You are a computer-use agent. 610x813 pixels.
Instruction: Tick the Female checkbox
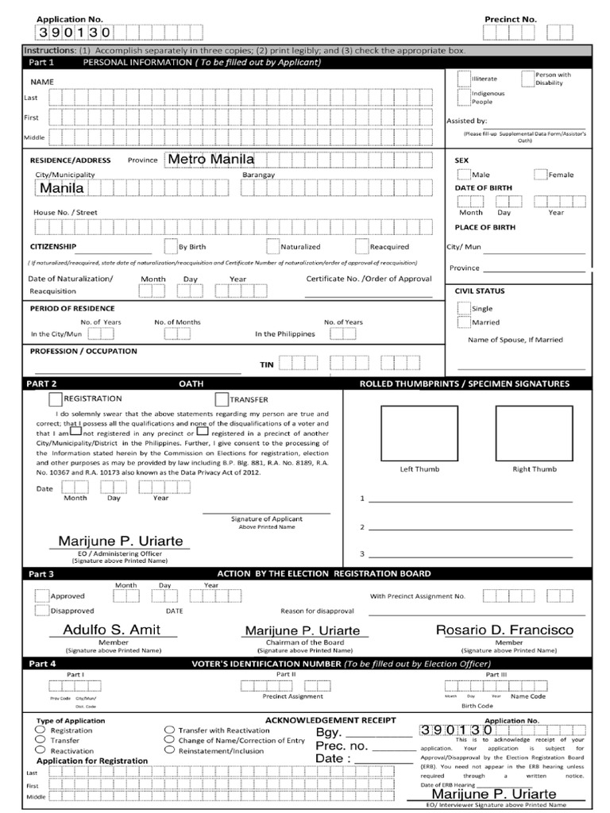pos(540,175)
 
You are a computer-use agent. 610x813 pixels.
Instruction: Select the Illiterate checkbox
pos(464,78)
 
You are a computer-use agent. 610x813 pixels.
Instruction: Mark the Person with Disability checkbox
pos(528,77)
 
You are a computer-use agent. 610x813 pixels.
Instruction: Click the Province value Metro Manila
pos(210,160)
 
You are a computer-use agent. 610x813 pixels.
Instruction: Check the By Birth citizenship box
pos(171,246)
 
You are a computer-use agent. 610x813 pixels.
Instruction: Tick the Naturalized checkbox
pos(273,246)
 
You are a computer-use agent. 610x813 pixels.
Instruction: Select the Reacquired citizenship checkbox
pos(362,246)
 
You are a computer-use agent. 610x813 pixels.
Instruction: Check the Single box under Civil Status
pos(464,307)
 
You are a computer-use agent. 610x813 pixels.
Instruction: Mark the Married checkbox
pos(464,322)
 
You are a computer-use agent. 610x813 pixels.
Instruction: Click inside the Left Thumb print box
pos(408,433)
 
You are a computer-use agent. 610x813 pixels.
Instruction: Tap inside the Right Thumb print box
pos(523,433)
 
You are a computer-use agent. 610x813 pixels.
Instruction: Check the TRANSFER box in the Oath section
pos(222,399)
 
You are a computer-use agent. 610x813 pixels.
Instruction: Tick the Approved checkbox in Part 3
pos(41,595)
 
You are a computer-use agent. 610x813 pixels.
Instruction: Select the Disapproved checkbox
pos(41,611)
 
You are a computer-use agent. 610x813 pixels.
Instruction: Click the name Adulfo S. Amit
pos(111,630)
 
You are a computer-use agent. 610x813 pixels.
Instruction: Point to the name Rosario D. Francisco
pos(504,630)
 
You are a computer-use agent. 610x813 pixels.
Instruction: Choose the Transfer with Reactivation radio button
pos(169,730)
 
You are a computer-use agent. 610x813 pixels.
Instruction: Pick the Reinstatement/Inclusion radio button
pos(169,750)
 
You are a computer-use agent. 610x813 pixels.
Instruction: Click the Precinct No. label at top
pos(511,18)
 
